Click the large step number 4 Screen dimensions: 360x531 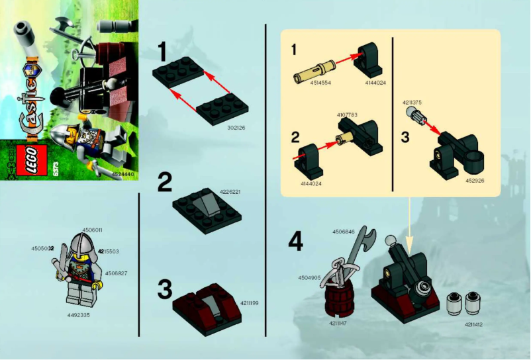(295, 243)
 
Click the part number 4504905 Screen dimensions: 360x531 (309, 277)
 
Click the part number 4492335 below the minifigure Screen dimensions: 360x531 (78, 314)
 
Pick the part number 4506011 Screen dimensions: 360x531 (92, 230)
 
